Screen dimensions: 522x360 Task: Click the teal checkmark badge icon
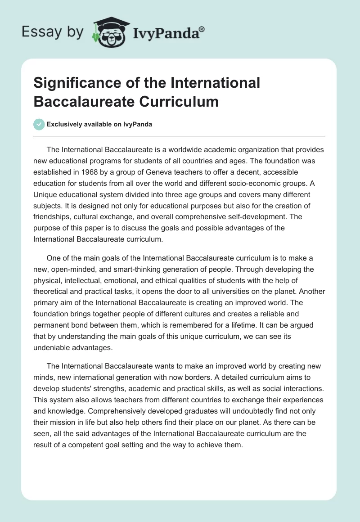coord(39,124)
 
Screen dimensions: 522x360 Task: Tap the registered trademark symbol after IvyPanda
coord(202,28)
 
